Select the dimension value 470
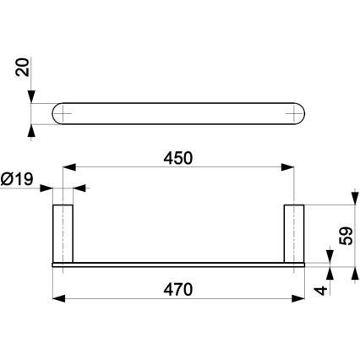[x=179, y=288]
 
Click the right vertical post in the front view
[x=294, y=233]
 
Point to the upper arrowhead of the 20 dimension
[x=33, y=98]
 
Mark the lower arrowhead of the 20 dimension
[x=33, y=129]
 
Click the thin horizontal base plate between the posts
[x=179, y=264]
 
